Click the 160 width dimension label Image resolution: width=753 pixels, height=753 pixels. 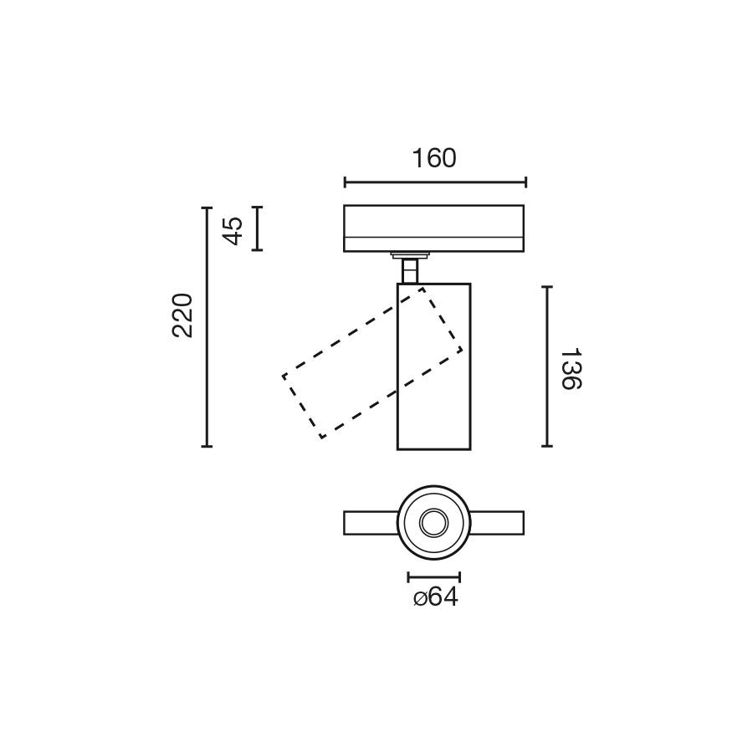point(434,158)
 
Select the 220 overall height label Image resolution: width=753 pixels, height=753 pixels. point(183,315)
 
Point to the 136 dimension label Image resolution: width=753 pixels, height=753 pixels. point(570,369)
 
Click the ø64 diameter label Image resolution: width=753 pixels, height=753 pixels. point(436,597)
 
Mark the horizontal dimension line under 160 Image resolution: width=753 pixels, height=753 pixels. point(435,182)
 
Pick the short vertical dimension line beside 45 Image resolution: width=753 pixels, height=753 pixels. point(258,228)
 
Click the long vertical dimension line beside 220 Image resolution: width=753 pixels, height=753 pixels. point(207,326)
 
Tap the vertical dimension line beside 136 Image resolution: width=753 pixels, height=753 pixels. point(546,366)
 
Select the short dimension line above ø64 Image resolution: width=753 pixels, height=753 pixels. point(434,576)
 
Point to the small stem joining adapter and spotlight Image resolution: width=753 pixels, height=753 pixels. point(410,270)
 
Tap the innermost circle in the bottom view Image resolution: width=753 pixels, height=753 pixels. point(433,523)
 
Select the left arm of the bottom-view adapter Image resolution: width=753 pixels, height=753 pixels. point(370,523)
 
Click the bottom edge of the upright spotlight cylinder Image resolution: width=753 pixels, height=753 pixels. point(433,448)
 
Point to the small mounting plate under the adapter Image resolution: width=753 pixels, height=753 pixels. point(410,254)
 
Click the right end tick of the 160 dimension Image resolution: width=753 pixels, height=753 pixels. point(525,182)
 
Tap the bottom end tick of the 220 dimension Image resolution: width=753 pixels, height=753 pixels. point(207,446)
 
